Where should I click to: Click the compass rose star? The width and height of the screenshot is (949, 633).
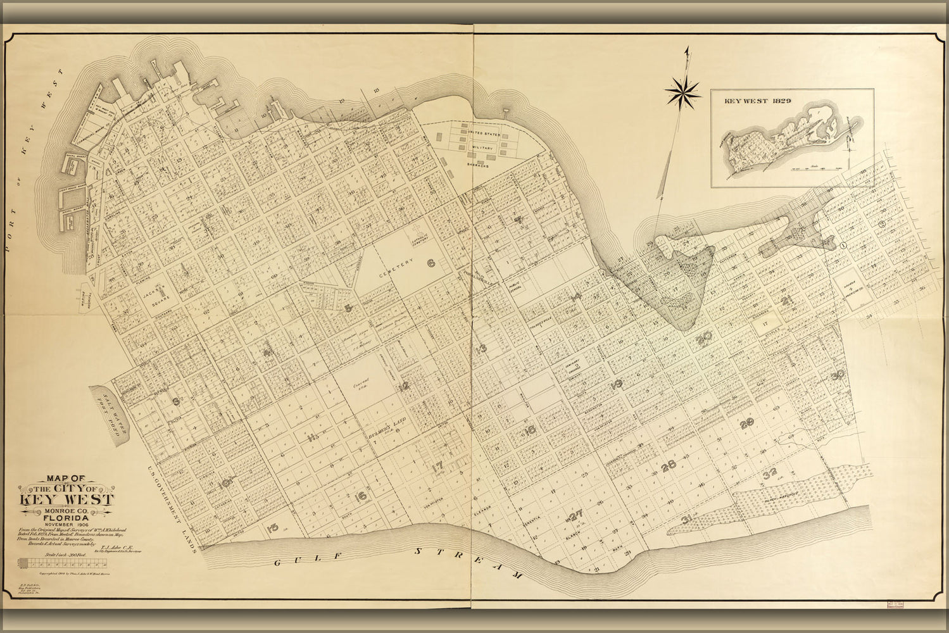(682, 92)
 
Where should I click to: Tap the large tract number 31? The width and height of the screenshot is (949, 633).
(686, 520)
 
